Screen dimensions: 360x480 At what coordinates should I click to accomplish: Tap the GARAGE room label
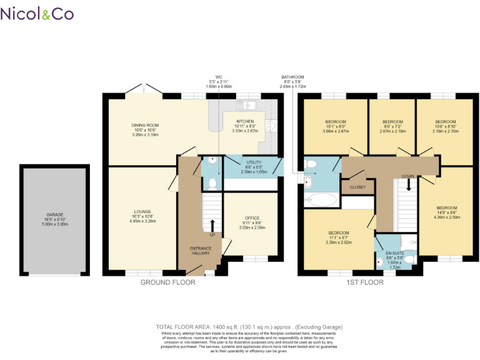(55, 215)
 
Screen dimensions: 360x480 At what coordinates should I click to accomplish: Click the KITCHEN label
(244, 121)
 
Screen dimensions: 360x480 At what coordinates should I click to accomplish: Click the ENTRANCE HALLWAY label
(201, 251)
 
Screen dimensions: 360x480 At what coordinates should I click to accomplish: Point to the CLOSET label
(358, 186)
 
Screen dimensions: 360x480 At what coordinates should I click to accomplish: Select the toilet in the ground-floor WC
(212, 182)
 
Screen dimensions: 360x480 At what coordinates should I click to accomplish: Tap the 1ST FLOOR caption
(364, 282)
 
